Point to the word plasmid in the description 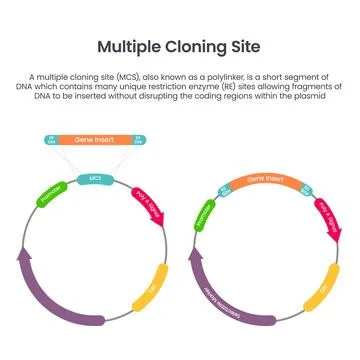pyautogui.click(x=329, y=96)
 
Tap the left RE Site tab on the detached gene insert pyautogui.click(x=52, y=140)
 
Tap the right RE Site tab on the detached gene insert pyautogui.click(x=138, y=140)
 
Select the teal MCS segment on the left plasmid pyautogui.click(x=96, y=178)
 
